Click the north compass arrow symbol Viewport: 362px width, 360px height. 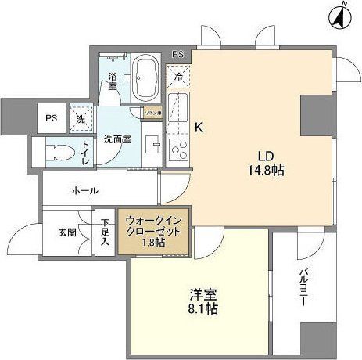[x=341, y=15]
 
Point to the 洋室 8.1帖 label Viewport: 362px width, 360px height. [x=203, y=301]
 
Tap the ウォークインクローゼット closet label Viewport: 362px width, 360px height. [x=153, y=230]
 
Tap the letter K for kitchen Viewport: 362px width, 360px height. [x=199, y=128]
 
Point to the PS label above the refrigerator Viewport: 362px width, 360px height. [x=178, y=55]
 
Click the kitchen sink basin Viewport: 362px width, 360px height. [x=176, y=105]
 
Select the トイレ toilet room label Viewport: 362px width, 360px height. [x=84, y=152]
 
